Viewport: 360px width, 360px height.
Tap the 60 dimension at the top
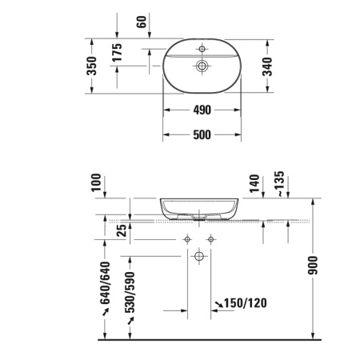(142, 22)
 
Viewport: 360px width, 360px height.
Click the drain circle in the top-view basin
(202, 66)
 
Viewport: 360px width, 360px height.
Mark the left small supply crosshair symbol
(186, 238)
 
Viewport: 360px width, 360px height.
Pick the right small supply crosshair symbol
(210, 238)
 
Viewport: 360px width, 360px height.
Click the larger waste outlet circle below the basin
(198, 256)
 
